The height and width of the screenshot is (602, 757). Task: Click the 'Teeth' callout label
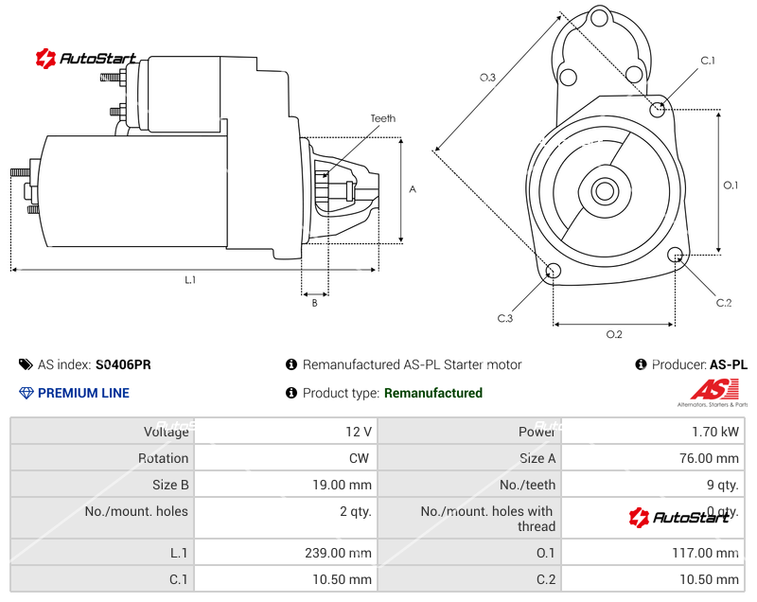click(382, 119)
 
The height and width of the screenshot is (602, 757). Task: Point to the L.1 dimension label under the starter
click(190, 280)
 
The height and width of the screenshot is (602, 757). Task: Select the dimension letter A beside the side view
click(413, 189)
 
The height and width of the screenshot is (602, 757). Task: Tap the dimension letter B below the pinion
click(314, 303)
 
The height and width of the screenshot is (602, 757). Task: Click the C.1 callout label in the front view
click(707, 61)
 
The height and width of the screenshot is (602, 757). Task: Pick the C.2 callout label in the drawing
click(724, 303)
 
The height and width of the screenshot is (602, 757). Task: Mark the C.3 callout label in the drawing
click(505, 319)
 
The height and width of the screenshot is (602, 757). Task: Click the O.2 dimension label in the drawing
click(613, 334)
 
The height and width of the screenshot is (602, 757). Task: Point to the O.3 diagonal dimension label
click(488, 78)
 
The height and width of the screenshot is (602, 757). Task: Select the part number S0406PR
click(123, 364)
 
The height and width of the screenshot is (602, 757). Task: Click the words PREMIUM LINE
click(83, 393)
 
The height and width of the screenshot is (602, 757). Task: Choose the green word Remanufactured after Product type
click(433, 393)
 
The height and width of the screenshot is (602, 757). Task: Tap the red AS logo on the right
click(714, 389)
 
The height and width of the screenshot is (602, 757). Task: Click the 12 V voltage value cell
click(359, 432)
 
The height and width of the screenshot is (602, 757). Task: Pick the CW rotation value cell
click(361, 458)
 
